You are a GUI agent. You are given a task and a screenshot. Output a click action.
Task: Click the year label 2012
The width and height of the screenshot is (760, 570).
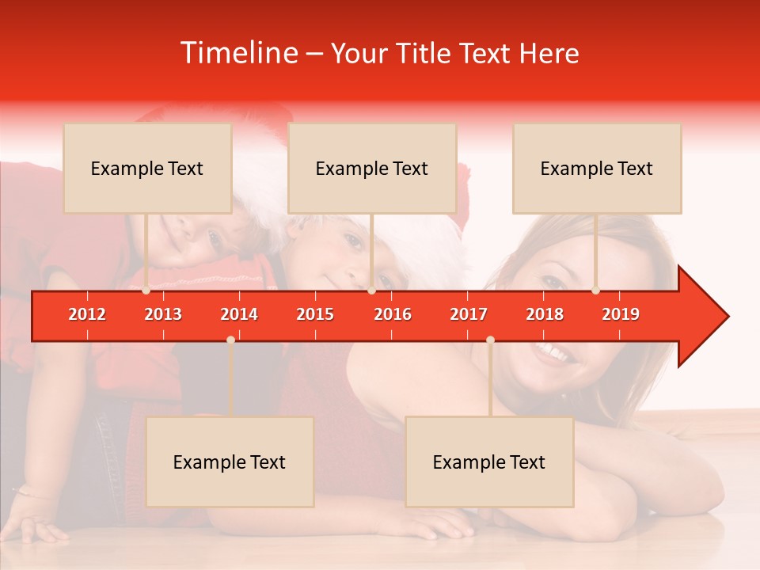87,314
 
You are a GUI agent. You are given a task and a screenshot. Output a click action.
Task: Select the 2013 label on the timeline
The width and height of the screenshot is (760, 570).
163,314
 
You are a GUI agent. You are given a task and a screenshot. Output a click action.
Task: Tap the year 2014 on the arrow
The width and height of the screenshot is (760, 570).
239,314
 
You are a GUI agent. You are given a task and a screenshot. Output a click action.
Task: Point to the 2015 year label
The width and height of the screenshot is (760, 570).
315,314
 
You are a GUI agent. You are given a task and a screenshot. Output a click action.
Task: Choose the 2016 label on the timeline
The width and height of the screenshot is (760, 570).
393,314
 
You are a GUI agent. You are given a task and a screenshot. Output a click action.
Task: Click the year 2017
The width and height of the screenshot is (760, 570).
469,314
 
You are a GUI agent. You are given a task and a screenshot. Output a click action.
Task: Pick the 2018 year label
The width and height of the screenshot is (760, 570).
545,314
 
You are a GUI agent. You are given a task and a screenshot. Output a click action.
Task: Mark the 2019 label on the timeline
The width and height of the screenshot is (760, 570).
621,314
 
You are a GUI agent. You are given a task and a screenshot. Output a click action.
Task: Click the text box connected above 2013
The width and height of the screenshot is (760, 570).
147,168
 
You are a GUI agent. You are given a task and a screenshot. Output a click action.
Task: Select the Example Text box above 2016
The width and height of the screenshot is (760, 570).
372,168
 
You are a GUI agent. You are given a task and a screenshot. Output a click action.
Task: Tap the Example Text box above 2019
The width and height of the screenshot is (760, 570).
597,168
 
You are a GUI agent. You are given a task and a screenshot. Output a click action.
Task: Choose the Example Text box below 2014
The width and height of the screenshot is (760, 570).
230,462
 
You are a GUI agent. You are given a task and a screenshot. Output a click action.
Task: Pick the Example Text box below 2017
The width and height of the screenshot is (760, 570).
489,462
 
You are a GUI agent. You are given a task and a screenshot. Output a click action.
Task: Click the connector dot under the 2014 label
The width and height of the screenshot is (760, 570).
230,340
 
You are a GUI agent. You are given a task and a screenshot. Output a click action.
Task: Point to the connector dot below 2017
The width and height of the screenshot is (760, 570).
490,340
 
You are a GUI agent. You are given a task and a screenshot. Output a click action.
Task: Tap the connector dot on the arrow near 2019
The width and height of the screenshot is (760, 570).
595,291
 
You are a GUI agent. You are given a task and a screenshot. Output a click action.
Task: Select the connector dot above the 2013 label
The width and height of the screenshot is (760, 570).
146,291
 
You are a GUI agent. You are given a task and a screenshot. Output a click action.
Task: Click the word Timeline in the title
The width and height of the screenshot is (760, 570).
238,53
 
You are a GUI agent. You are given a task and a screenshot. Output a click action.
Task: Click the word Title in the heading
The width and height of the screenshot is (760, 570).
424,53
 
